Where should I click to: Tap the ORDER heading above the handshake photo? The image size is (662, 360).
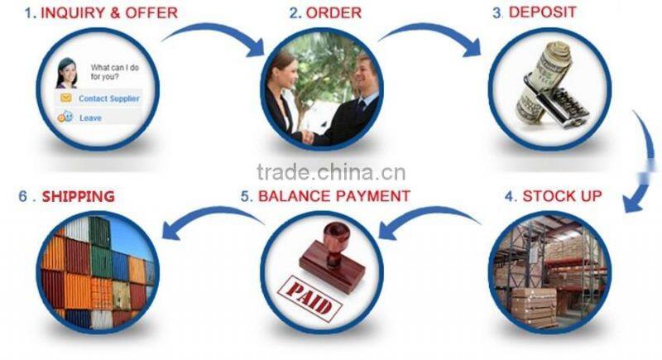[333, 12]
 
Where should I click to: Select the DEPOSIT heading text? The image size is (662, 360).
[543, 12]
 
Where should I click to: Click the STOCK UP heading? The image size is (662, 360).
[562, 196]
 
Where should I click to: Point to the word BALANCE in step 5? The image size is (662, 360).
[295, 196]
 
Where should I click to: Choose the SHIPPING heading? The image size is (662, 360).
[79, 196]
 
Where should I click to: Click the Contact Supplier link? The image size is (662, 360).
[109, 98]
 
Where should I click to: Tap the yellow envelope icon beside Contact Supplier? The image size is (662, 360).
[66, 98]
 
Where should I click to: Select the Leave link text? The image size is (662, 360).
[90, 118]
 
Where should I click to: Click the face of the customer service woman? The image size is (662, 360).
[69, 73]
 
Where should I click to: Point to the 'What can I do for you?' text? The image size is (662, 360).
[115, 72]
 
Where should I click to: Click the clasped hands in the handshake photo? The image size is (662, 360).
[308, 137]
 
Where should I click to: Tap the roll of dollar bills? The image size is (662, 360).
[543, 80]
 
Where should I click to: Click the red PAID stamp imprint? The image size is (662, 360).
[309, 298]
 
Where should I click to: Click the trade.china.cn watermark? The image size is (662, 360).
[331, 172]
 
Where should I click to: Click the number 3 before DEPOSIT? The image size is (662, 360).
[496, 12]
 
